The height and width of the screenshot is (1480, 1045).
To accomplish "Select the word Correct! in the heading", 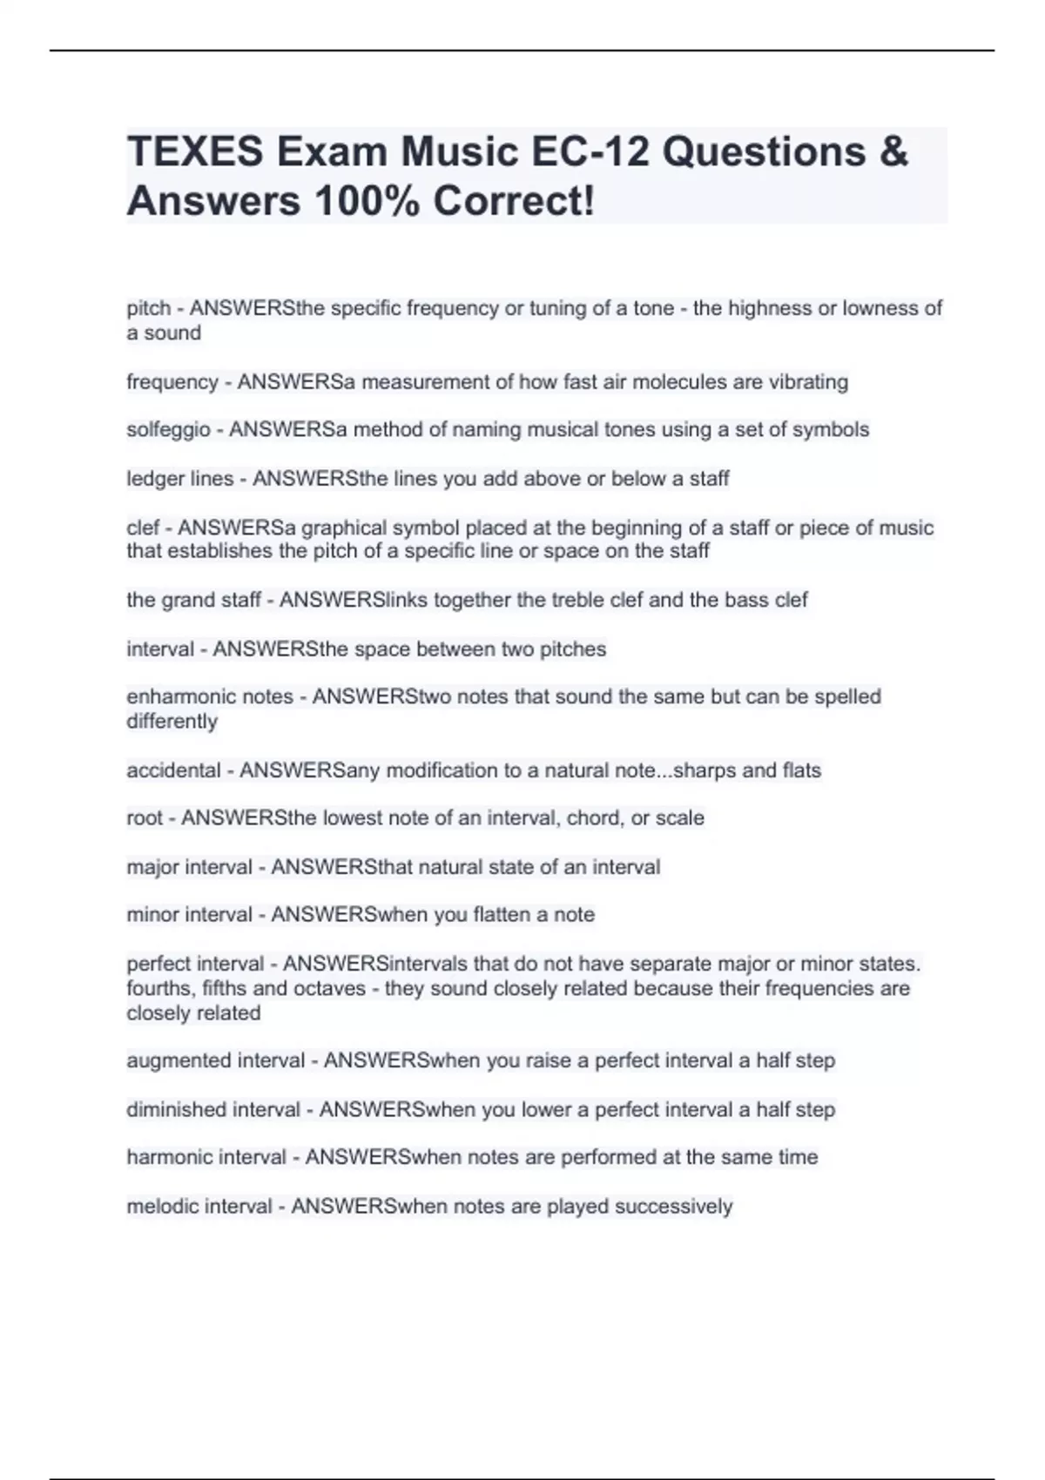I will click(x=514, y=201).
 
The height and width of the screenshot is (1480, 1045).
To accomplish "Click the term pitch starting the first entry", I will click(x=148, y=308).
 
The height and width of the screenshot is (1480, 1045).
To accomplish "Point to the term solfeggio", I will click(x=169, y=430).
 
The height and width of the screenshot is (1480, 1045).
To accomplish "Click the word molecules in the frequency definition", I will click(x=676, y=382).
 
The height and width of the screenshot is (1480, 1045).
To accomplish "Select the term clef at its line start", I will click(x=143, y=528).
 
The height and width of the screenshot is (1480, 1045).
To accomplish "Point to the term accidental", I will click(x=173, y=770).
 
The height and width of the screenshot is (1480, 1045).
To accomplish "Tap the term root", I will click(x=145, y=818).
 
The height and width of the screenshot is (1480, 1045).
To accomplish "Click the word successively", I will click(x=673, y=1207).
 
